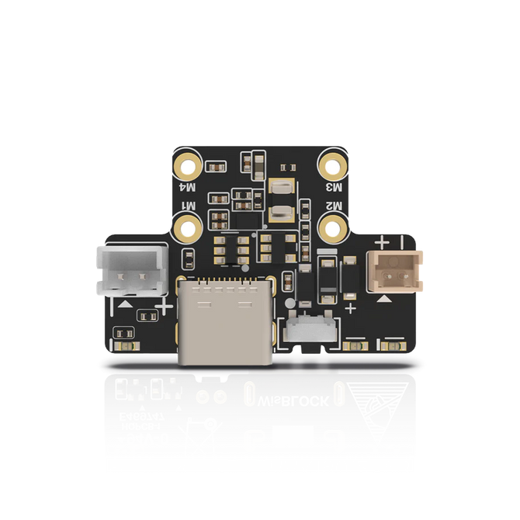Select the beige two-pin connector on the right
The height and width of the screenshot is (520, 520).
(396, 271)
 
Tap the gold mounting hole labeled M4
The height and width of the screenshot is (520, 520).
(189, 165)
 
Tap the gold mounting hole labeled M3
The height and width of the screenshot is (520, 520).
(335, 165)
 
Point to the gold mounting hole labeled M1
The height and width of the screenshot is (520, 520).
(189, 227)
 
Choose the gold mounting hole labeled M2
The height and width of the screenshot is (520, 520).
(335, 227)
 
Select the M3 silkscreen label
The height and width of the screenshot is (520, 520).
(335, 186)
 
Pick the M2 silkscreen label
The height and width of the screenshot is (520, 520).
(335, 207)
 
